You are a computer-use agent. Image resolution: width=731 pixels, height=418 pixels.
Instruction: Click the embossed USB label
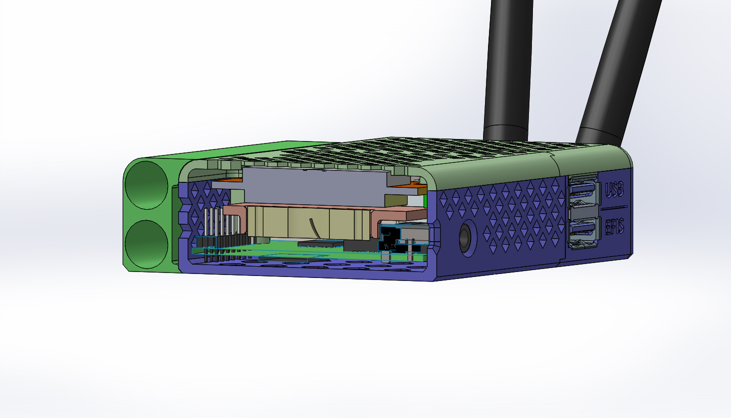615,189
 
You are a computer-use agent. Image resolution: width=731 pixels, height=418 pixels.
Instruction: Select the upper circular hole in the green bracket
146,185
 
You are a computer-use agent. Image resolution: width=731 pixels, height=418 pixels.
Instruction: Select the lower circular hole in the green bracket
146,244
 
